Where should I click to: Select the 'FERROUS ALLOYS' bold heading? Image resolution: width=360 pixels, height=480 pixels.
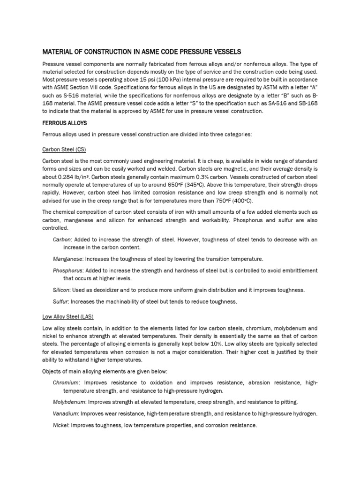[x=65, y=123]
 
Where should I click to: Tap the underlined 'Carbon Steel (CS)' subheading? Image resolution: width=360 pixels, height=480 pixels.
[x=64, y=149]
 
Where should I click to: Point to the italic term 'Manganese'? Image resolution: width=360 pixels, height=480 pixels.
[x=67, y=259]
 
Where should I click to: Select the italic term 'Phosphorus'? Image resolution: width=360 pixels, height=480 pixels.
[x=68, y=270]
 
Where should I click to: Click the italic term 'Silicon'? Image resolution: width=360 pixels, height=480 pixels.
[x=62, y=290]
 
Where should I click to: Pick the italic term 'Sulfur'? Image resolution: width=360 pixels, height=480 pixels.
[x=61, y=301]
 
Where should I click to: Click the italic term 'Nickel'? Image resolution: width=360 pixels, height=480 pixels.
[x=61, y=425]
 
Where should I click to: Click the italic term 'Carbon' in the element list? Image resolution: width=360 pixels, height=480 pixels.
[x=62, y=240]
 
